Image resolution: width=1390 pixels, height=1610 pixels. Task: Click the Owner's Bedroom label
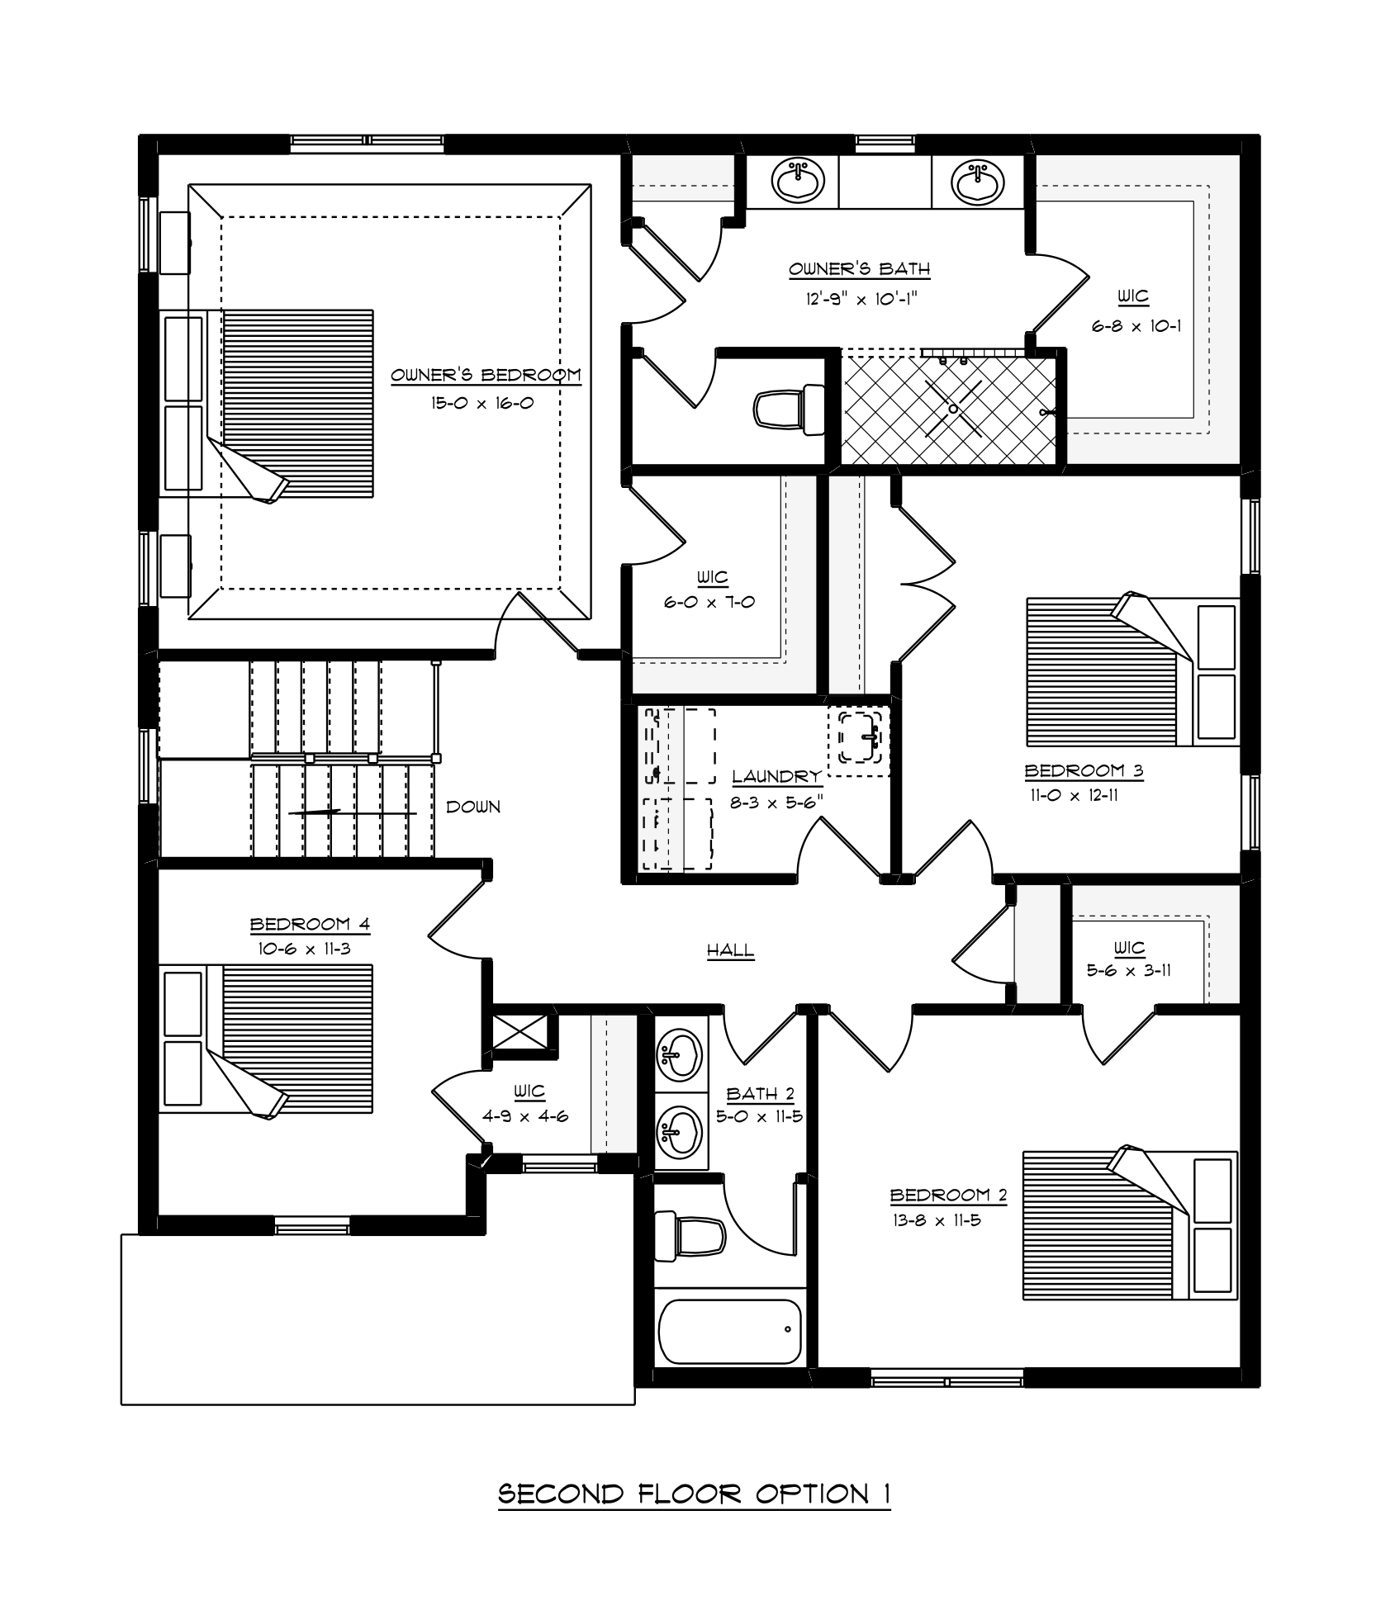point(486,375)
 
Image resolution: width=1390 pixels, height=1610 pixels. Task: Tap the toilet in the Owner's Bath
point(790,409)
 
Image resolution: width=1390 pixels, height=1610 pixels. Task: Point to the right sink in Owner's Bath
point(977,182)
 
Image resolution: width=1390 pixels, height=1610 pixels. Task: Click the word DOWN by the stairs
point(473,807)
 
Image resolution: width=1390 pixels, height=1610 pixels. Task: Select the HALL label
point(731,950)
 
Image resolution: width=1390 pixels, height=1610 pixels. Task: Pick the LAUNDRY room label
point(777,776)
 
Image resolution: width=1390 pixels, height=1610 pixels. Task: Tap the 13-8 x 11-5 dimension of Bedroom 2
point(936,1219)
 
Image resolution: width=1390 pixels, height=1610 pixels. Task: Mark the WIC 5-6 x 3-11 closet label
point(1129,959)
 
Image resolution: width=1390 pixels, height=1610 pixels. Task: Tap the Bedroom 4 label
point(310,923)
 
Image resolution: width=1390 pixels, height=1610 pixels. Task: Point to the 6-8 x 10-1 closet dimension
point(1136,326)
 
